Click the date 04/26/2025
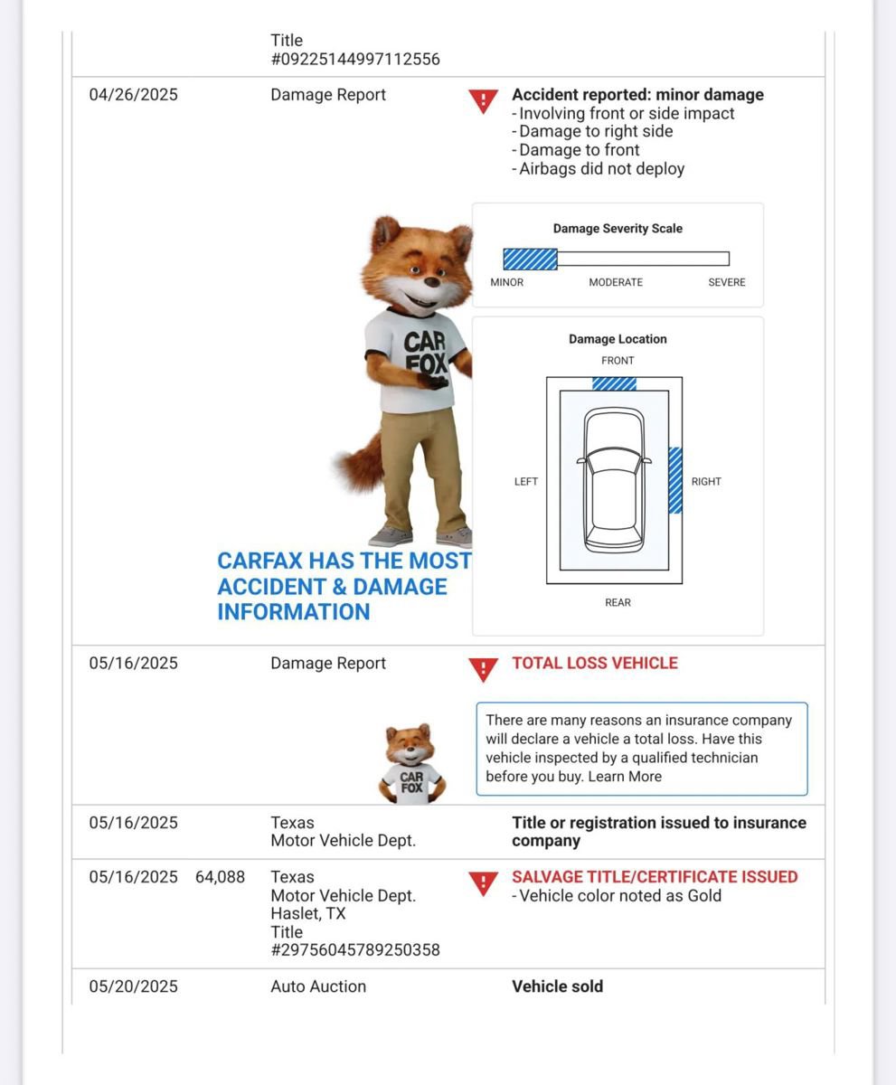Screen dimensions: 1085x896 tap(133, 95)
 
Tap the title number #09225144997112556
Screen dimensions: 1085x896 tap(355, 60)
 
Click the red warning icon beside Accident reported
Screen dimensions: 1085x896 tap(483, 100)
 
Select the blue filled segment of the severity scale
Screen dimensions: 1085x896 tap(530, 259)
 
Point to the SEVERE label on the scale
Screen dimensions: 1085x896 tap(726, 282)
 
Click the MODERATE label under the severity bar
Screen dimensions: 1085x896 tap(616, 282)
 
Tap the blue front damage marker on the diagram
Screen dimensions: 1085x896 tap(614, 383)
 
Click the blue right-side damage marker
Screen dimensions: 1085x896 tap(675, 480)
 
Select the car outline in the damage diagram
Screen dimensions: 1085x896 tap(614, 480)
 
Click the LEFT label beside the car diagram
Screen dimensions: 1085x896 tap(526, 482)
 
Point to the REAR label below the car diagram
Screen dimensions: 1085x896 tap(618, 602)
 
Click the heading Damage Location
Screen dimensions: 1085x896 tap(618, 339)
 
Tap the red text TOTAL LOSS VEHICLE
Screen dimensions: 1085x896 tap(594, 663)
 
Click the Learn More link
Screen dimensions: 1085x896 tap(625, 777)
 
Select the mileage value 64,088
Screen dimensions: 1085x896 tap(220, 877)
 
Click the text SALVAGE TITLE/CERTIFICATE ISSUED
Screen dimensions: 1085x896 tap(655, 877)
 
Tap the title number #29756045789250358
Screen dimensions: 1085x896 tap(355, 950)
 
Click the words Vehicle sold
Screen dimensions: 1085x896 tap(557, 986)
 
